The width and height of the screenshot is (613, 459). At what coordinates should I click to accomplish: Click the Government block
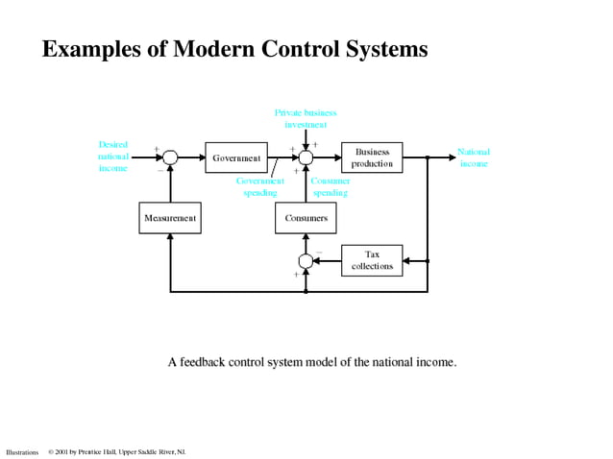[236, 157]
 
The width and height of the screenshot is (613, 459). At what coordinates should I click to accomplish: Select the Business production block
[372, 157]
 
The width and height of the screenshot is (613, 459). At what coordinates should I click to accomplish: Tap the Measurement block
[170, 218]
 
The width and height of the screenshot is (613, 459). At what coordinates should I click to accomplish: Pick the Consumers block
[306, 218]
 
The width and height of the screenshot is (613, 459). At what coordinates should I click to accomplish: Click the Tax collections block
[372, 260]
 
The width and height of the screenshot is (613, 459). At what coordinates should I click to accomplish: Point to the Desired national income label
[112, 157]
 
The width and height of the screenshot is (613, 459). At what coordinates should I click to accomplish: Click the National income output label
[473, 157]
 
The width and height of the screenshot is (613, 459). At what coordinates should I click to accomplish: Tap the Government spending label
[259, 186]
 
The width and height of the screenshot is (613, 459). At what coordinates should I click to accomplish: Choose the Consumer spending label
[330, 186]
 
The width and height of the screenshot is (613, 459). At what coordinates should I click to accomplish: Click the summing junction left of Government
[170, 157]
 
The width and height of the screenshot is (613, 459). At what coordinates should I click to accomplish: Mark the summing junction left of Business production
[306, 157]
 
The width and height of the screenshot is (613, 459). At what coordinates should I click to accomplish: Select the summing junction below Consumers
[306, 260]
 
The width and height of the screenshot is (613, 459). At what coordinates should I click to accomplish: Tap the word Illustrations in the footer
[22, 451]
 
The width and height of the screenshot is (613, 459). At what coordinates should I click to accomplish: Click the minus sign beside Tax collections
[319, 253]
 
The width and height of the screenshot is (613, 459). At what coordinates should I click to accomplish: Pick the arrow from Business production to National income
[427, 157]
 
